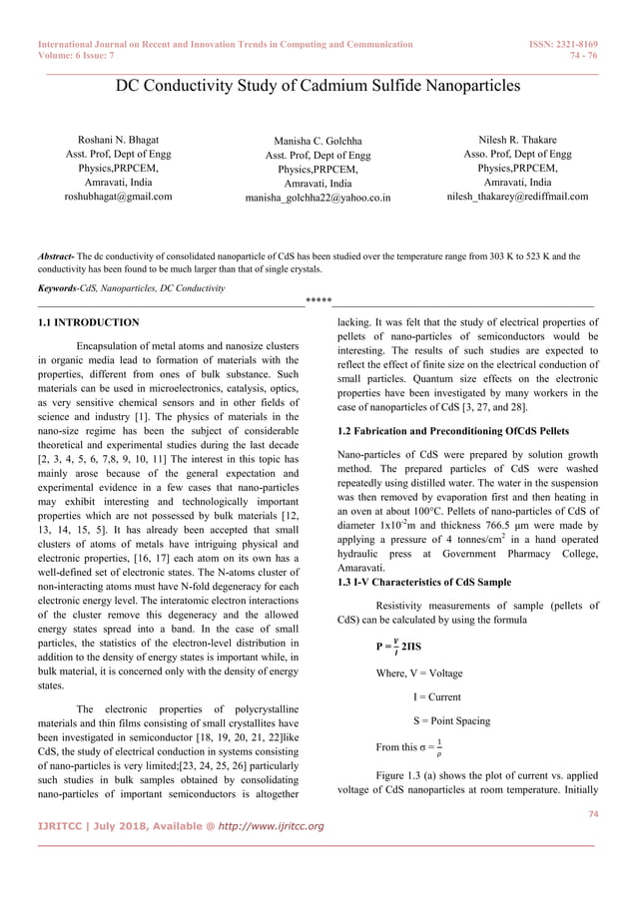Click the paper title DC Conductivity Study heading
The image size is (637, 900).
318,86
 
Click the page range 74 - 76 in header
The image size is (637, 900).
583,56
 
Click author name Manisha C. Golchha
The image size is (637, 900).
318,143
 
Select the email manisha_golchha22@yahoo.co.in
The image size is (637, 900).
318,199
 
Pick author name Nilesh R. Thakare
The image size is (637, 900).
517,141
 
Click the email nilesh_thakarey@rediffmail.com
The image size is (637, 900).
517,197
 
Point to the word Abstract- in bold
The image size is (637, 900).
55,256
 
